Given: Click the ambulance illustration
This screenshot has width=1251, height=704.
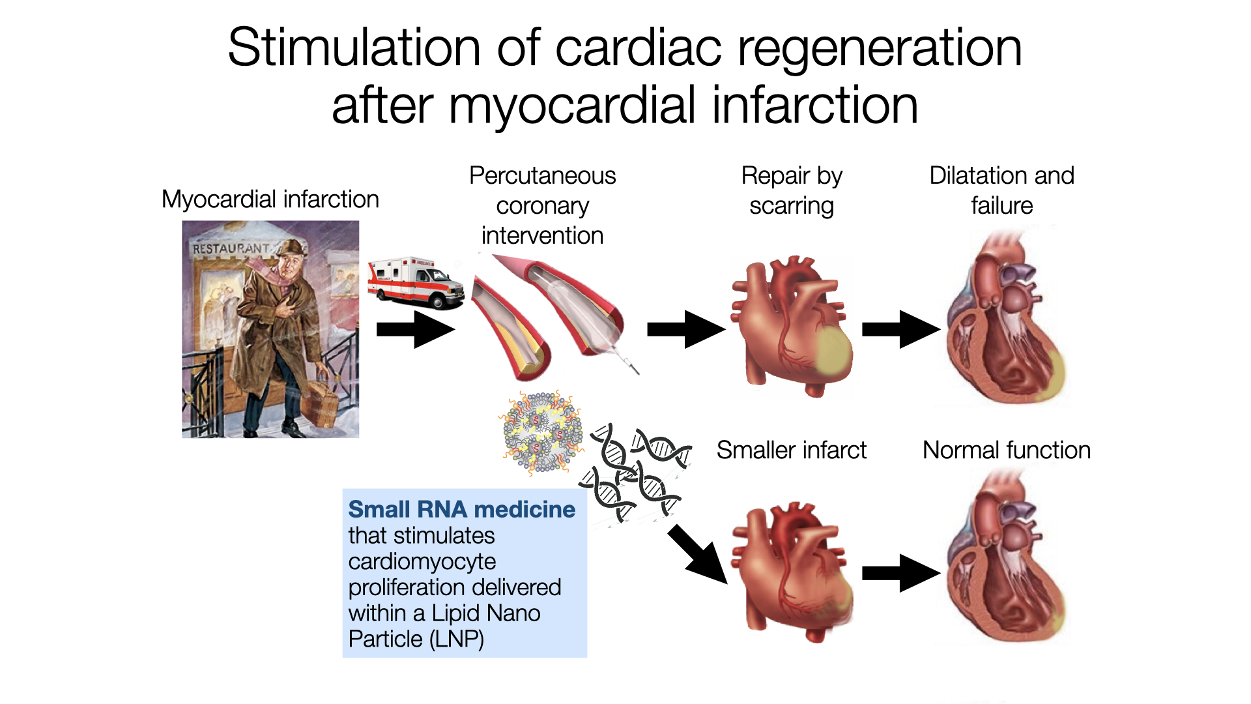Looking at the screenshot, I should (415, 282).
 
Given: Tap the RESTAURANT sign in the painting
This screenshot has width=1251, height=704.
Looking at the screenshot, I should (230, 248).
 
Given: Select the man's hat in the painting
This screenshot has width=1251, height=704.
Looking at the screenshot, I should (293, 248).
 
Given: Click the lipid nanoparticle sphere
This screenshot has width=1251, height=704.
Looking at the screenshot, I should (540, 432).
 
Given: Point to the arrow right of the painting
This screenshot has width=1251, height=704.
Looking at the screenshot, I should (415, 329).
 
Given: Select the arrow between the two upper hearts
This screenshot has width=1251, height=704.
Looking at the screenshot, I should (900, 329).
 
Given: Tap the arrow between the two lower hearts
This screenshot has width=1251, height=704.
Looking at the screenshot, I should (900, 573).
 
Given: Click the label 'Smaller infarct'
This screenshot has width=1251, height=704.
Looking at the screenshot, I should (791, 450).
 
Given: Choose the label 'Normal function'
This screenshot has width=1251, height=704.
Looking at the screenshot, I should (1006, 450).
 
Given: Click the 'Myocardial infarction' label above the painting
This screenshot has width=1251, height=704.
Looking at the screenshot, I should (270, 199).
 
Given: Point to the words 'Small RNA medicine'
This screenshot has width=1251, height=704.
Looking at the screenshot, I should (461, 509).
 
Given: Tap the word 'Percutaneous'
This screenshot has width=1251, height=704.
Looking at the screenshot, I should (542, 176).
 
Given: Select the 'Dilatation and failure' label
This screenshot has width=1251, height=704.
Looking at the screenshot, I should (1001, 190).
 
